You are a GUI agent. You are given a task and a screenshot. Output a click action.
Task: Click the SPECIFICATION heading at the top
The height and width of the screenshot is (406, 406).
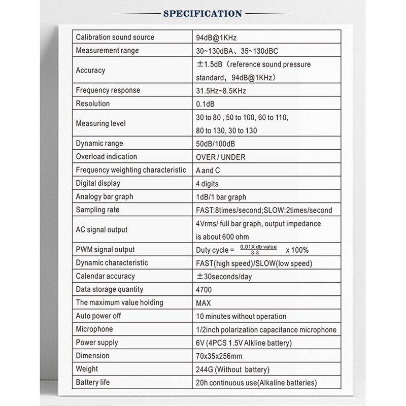point(202,13)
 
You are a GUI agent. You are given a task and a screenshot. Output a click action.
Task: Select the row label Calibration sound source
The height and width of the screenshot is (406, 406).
point(115,38)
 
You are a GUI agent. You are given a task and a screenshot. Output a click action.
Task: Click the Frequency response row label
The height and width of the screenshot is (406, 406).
point(108,90)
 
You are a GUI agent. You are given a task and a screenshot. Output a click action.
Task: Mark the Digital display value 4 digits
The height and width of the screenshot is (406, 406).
point(208,183)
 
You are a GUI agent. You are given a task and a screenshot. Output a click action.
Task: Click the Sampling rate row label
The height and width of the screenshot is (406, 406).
point(98,210)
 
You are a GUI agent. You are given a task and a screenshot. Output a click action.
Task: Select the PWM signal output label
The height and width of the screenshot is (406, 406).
point(105,250)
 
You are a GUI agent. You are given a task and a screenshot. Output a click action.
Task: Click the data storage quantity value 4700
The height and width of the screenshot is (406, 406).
point(204,289)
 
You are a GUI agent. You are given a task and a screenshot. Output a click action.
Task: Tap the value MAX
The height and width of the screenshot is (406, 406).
point(204,302)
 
